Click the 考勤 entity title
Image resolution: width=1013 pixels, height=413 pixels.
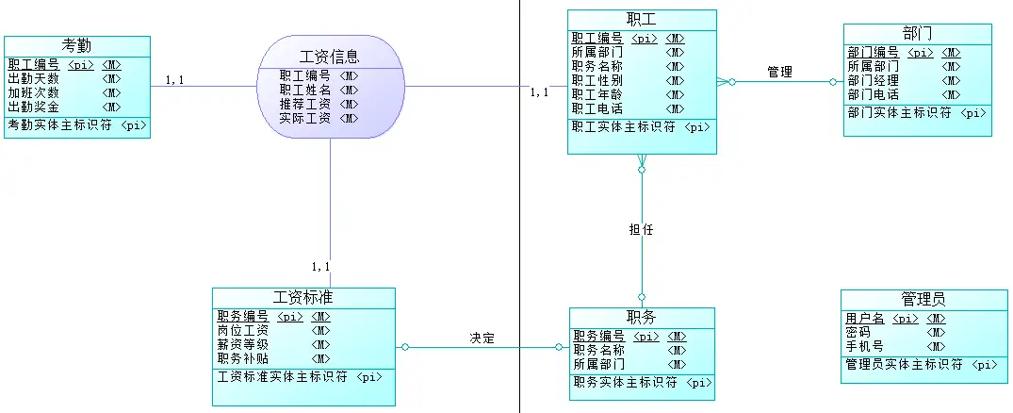[76, 45]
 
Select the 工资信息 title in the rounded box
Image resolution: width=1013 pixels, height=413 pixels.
[330, 57]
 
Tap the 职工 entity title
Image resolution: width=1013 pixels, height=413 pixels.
[641, 20]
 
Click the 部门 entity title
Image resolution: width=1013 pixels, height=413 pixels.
[917, 34]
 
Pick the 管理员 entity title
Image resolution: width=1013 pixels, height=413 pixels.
[923, 300]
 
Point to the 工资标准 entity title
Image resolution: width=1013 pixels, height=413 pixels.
[302, 298]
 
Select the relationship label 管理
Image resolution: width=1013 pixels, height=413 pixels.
[779, 72]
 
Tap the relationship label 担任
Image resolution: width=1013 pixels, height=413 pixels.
[641, 229]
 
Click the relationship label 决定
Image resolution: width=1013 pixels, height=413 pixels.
[482, 338]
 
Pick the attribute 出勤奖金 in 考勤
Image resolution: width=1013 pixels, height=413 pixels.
[34, 107]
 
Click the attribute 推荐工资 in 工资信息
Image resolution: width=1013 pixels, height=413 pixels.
[304, 104]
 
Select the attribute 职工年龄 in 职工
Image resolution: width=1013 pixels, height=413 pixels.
[596, 94]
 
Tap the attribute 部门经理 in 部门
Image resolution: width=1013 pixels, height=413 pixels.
[873, 80]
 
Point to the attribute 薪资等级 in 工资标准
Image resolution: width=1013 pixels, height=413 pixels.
[243, 344]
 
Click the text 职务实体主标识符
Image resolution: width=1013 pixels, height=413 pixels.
[624, 383]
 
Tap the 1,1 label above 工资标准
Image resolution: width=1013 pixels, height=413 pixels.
[320, 267]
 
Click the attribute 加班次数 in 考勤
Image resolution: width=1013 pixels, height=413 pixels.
[34, 92]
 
